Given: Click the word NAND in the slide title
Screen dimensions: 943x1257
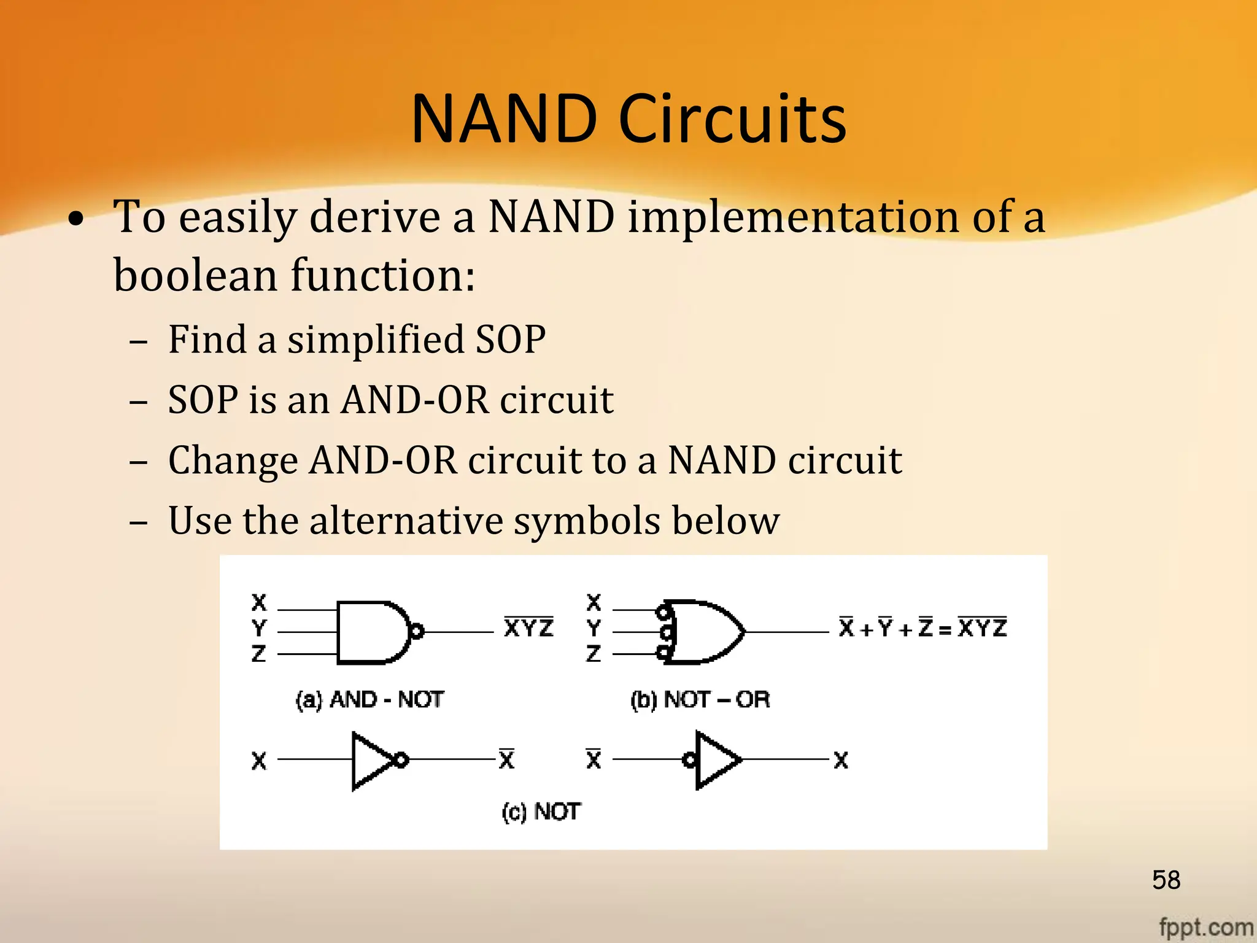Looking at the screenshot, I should [504, 119].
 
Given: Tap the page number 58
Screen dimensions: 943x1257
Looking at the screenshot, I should [1166, 880].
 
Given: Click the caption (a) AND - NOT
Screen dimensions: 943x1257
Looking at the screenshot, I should [369, 699].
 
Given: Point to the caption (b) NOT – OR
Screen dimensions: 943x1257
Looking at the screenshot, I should [700, 699].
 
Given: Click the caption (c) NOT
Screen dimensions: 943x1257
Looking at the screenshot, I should [541, 812].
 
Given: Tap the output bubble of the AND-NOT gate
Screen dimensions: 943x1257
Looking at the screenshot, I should [417, 631].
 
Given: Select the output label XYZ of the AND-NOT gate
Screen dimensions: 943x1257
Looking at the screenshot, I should [528, 628].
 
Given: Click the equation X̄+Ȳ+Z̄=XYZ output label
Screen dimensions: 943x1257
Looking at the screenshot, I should [922, 628].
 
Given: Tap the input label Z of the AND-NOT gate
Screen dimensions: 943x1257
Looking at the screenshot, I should [259, 653].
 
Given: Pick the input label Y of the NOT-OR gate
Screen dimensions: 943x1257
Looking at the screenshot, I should [594, 628].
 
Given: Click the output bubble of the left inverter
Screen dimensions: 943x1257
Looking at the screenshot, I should [401, 760].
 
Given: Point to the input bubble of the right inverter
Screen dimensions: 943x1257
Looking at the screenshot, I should [690, 760].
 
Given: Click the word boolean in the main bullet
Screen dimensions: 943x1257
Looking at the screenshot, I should [195, 275].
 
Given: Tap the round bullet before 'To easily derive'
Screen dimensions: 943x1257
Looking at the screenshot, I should [76, 219].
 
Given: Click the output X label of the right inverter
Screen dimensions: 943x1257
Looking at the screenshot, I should [841, 760].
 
